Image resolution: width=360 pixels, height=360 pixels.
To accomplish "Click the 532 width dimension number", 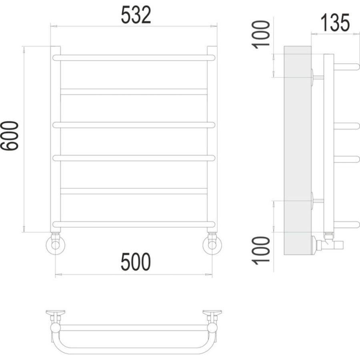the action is pos(136,15).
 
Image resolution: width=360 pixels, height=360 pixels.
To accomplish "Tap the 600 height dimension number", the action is pos(10,136).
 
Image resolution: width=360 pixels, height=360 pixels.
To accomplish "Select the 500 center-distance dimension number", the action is pos(136,262).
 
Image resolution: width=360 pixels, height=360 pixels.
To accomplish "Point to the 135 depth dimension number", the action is pos(335,22).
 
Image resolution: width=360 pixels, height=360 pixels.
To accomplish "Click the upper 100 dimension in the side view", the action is pos(260,35).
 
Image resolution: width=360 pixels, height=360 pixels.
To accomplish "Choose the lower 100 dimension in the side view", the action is pos(260,251).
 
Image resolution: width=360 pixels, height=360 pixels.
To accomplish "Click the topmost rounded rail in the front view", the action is pos(134,58).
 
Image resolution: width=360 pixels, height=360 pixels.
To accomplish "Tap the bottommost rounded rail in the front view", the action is pos(134,224).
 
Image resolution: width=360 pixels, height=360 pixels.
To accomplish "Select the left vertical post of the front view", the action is pos(56,139).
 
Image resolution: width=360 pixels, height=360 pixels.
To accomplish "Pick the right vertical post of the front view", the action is pos(212,139).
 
